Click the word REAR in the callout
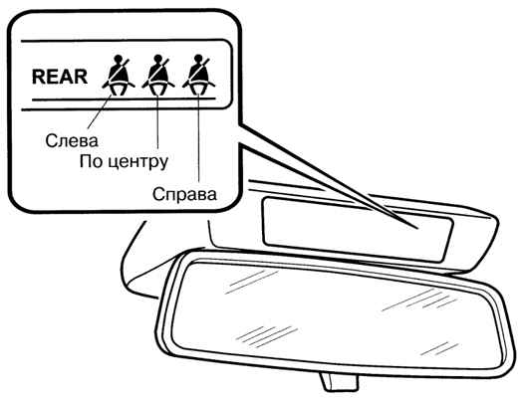[60, 77]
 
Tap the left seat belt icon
[119, 76]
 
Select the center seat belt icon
[158, 76]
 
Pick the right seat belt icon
[198, 76]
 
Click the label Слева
[72, 140]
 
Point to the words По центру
[124, 162]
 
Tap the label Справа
[184, 194]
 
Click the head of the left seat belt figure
[118, 59]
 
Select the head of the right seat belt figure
[198, 59]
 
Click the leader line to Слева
[100, 111]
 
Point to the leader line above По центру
[157, 120]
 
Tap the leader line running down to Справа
[199, 137]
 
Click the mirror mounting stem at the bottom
[338, 381]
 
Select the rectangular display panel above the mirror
[358, 230]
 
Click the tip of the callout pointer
[418, 229]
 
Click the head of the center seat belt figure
[158, 59]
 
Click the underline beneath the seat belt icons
[124, 100]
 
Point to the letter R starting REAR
[38, 77]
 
